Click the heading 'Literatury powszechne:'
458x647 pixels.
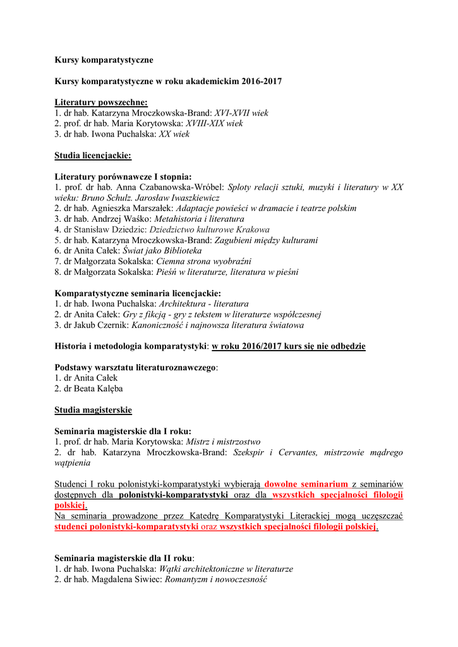tap(101, 102)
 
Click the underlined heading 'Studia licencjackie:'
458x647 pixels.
tap(93, 155)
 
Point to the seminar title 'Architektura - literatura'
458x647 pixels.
tap(203, 304)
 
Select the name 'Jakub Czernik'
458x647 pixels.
tap(101, 325)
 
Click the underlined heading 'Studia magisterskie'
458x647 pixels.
tap(93, 410)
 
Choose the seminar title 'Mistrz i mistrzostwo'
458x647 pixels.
tap(224, 442)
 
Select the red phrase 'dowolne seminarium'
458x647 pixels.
tap(306, 484)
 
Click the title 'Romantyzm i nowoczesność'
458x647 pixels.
tap(216, 579)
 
